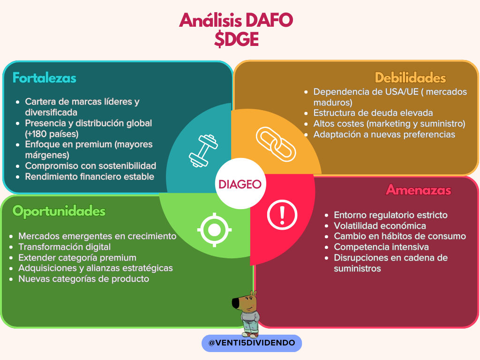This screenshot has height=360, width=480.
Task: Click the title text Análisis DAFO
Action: [236, 20]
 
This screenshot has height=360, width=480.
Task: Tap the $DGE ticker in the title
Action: [236, 39]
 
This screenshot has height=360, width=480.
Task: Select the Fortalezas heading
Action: [45, 78]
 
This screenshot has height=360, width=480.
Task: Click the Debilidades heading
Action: [410, 78]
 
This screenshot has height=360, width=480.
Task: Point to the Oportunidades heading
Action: [59, 211]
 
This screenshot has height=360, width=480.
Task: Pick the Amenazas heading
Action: [419, 190]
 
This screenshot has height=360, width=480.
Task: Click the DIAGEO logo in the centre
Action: [240, 184]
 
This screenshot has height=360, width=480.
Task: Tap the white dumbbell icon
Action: [203, 151]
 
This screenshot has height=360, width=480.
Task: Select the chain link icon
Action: [276, 144]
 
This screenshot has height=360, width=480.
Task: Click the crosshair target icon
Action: [214, 230]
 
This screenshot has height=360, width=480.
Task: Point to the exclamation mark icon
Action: [282, 215]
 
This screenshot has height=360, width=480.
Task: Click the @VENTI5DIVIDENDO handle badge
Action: [252, 343]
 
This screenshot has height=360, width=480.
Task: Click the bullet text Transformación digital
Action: [65, 247]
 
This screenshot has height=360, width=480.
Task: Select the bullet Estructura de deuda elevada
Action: [373, 112]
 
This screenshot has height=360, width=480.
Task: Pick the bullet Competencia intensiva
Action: [381, 247]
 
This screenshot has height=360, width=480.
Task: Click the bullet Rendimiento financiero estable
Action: [90, 177]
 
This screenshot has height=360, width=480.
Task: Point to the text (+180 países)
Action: [52, 134]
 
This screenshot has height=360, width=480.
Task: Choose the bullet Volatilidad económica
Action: [380, 225]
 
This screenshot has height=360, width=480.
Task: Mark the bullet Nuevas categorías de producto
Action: [83, 279]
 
